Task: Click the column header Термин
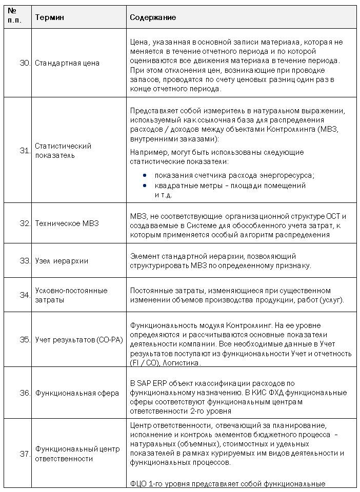[x=49, y=17]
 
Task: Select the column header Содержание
[x=153, y=17]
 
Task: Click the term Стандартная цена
[x=67, y=63]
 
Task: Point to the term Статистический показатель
[x=63, y=151]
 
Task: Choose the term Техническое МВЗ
[x=67, y=223]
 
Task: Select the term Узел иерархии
[x=62, y=260]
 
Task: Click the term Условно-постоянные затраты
[x=71, y=295]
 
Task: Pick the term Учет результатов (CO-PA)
[x=79, y=339]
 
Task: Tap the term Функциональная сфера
[x=77, y=393]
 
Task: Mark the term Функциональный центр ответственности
[x=77, y=454]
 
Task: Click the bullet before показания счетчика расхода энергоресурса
[x=145, y=175]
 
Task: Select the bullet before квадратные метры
[x=145, y=186]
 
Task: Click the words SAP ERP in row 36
[x=149, y=383]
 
